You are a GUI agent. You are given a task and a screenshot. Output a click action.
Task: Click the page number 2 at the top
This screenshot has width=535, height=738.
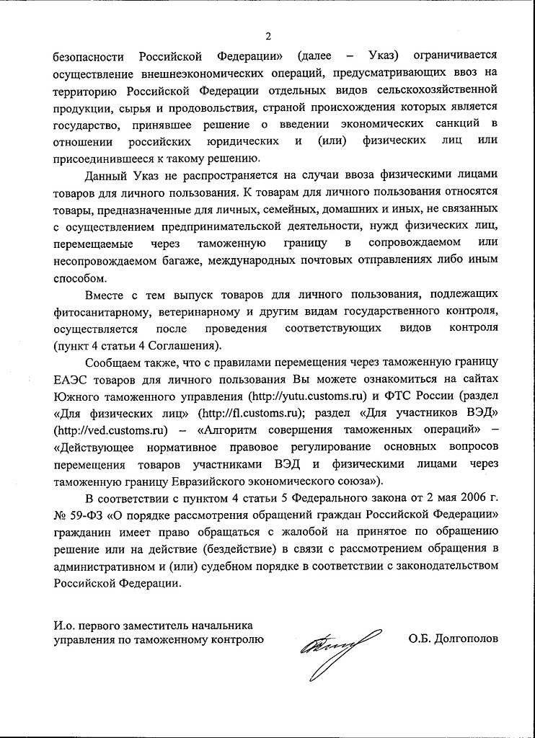(267, 37)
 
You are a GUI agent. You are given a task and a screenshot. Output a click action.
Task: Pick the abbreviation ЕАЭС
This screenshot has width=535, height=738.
(70, 380)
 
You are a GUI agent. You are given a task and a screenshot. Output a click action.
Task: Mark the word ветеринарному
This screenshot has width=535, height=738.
(210, 311)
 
